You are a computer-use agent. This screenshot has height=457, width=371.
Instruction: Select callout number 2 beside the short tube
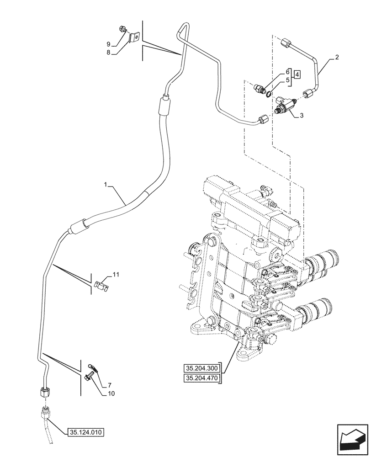[337, 57]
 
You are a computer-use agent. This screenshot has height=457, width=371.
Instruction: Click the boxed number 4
[297, 74]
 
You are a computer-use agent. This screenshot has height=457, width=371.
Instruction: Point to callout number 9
[109, 44]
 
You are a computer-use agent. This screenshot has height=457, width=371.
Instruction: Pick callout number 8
[109, 53]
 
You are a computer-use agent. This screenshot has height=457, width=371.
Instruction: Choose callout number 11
[116, 275]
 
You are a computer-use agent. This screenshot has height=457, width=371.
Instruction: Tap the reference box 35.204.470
[201, 378]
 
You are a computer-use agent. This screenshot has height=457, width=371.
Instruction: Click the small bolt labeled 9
[123, 30]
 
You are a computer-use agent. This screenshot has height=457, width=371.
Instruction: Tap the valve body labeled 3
[284, 108]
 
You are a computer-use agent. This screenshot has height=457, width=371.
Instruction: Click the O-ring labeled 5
[270, 95]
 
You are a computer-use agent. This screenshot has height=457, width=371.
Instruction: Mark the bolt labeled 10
[88, 374]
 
